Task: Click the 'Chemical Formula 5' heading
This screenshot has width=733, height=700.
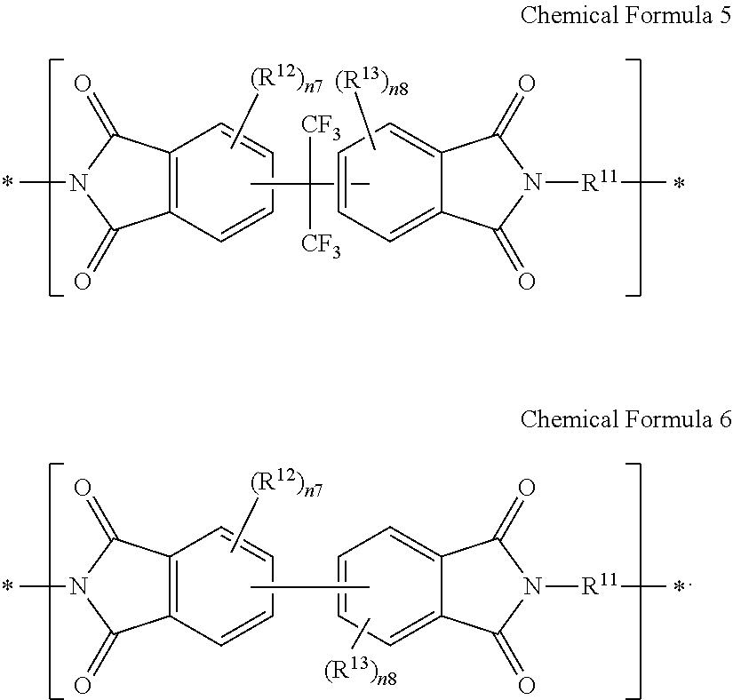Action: (x=625, y=15)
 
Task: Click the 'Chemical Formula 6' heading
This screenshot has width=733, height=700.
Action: (x=625, y=419)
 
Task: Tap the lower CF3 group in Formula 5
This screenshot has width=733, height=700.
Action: (x=321, y=245)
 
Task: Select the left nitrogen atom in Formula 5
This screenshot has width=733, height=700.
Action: (x=78, y=182)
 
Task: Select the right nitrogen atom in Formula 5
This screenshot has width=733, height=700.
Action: (x=532, y=182)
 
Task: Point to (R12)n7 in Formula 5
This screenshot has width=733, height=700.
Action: (x=287, y=79)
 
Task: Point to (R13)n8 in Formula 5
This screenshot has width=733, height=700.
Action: (x=371, y=82)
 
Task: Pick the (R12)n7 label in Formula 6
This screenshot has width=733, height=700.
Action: (x=287, y=483)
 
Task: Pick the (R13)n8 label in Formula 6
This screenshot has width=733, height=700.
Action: (x=361, y=672)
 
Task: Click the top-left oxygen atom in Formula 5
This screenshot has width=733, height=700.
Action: (x=83, y=84)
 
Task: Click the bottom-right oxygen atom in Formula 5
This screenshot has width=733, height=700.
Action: (x=527, y=282)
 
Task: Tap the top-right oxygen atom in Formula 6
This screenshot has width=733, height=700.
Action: (x=527, y=488)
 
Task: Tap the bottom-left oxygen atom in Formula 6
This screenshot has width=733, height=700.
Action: (x=83, y=686)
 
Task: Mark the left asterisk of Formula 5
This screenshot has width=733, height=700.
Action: (x=8, y=182)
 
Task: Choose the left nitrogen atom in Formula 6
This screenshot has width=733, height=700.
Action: (x=78, y=586)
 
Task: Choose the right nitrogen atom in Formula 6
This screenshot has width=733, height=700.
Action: (x=532, y=586)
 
